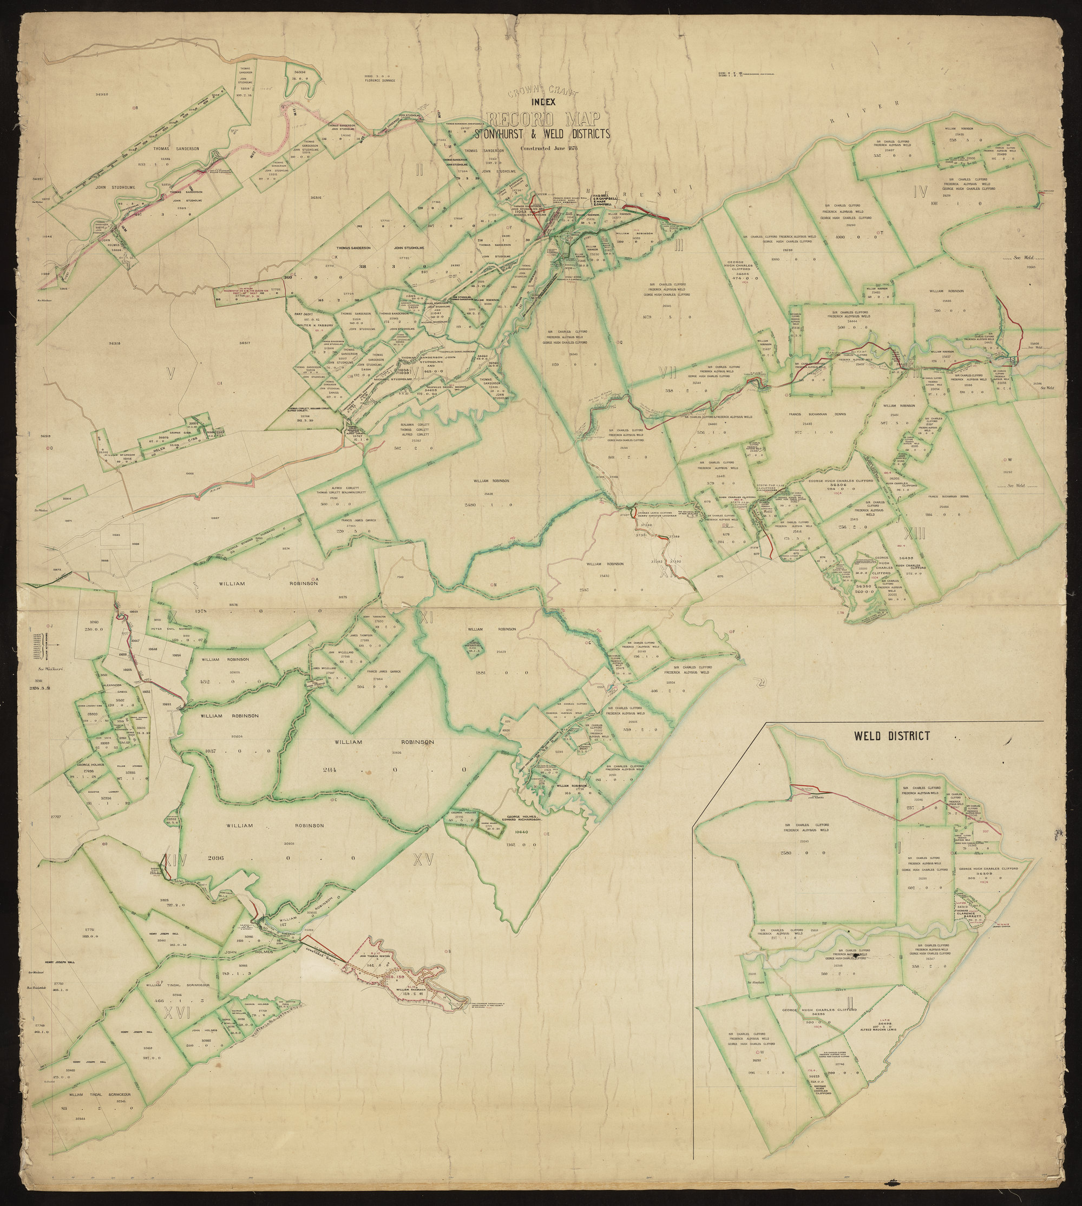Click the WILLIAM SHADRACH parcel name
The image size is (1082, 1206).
click(x=397, y=990)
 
